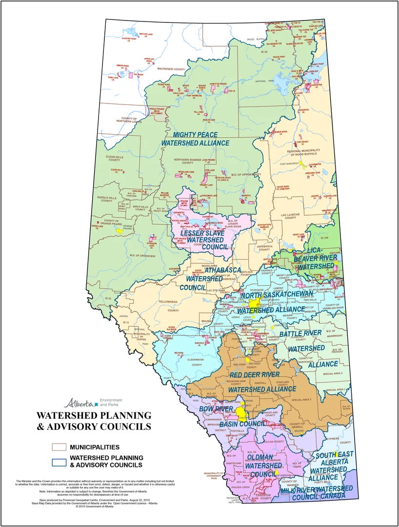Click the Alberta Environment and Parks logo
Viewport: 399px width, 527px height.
[93, 402]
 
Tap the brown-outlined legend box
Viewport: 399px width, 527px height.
[61, 446]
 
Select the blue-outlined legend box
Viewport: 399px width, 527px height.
[61, 462]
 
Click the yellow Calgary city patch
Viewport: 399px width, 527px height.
[240, 411]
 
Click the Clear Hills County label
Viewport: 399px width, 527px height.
[113, 158]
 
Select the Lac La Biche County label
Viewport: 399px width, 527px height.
[289, 215]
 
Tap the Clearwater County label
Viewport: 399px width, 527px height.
[197, 362]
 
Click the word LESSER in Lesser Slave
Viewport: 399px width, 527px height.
[184, 233]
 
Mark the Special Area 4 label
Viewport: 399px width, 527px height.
[333, 373]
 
